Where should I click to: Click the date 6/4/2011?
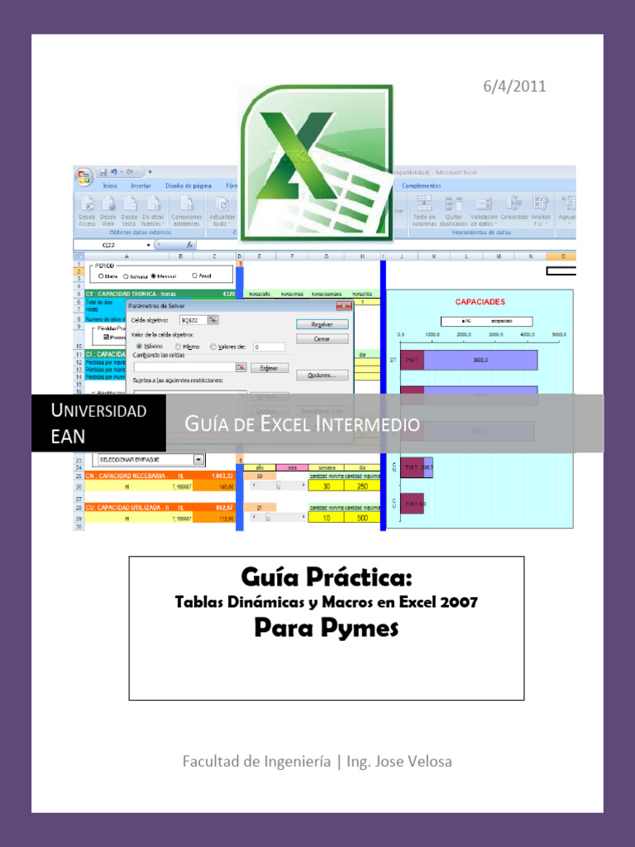(x=514, y=86)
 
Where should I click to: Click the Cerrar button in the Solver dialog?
(x=322, y=339)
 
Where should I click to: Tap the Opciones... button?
(x=322, y=376)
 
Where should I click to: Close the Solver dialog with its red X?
(x=341, y=306)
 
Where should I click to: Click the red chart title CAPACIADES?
(x=480, y=302)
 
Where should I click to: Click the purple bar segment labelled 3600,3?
(x=480, y=361)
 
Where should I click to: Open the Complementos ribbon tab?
(x=422, y=186)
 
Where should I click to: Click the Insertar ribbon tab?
(x=140, y=186)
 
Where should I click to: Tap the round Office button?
(x=84, y=177)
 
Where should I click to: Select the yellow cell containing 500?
(x=362, y=518)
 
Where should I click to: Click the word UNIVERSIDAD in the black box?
(x=98, y=410)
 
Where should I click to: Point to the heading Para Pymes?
(x=326, y=629)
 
